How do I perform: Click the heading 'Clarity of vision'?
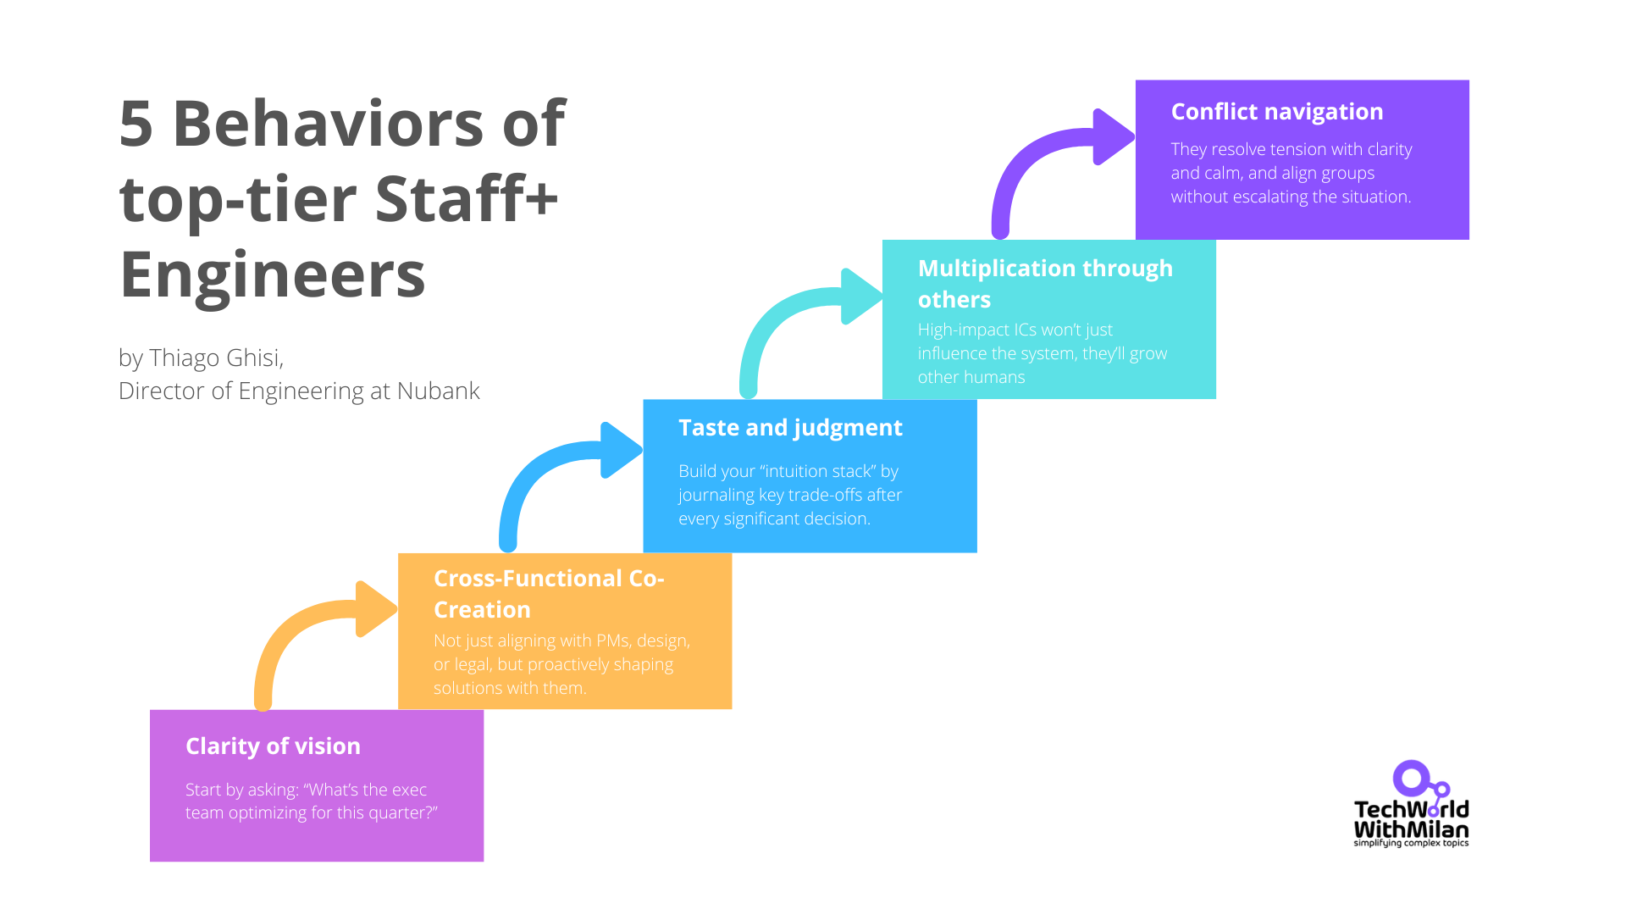coord(273,746)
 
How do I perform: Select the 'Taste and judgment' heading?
coord(790,427)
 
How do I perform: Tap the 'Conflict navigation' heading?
coord(1276,111)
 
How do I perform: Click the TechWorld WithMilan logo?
coord(1411,805)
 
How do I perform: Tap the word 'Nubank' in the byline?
coord(438,391)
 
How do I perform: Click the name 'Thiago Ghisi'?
coord(215,358)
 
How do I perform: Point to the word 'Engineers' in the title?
coord(272,274)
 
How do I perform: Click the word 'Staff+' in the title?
coord(466,199)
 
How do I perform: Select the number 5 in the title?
coord(135,124)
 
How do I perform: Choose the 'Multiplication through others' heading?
coord(1044,283)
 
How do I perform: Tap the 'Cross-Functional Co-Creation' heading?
coord(548,593)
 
